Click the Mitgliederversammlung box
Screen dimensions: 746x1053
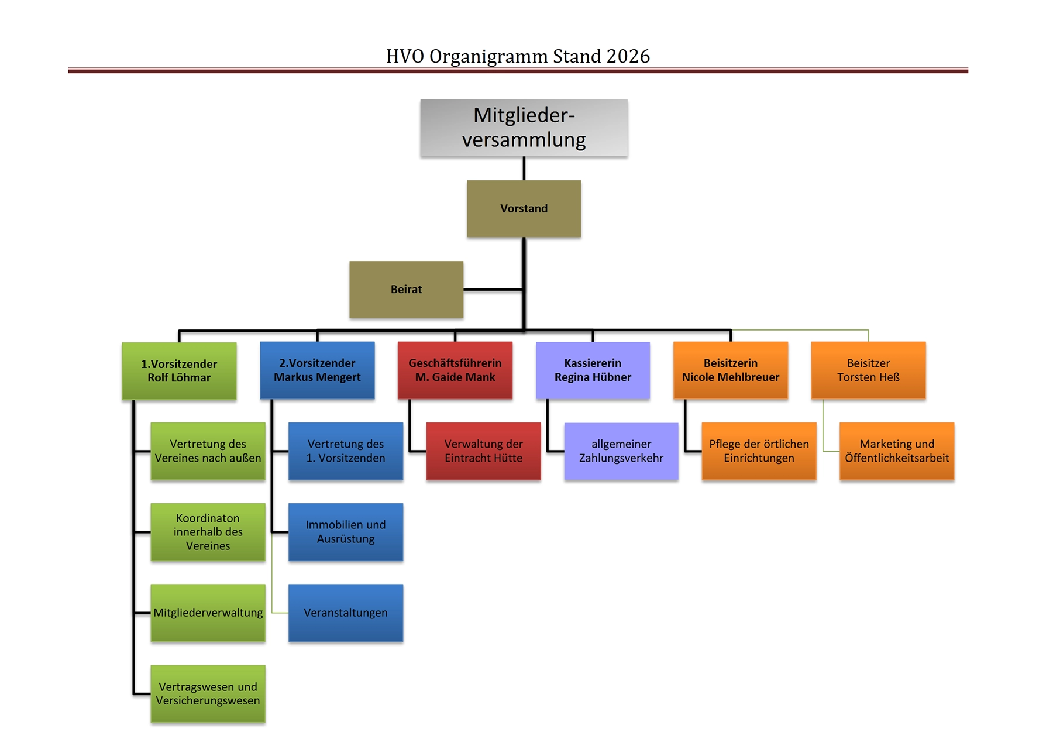[524, 128]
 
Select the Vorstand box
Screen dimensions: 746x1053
[524, 208]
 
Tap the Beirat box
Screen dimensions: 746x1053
[406, 289]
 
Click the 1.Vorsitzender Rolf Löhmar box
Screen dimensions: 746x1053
[179, 371]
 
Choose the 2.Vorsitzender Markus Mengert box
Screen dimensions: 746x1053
[317, 370]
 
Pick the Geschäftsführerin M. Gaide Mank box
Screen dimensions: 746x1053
[455, 370]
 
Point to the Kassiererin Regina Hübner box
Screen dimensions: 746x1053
[593, 370]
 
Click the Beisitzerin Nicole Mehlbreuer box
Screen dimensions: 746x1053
[731, 370]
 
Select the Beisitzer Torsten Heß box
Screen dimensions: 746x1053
[868, 370]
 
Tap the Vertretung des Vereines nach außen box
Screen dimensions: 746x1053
[208, 451]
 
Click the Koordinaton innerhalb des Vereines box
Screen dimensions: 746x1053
[208, 532]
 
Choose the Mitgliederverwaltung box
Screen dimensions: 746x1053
[208, 613]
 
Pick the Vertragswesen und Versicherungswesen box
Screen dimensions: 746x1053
[208, 693]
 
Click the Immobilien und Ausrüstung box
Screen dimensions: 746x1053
[346, 532]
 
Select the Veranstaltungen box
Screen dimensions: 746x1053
[346, 613]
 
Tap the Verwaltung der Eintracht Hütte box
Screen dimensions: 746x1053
[483, 451]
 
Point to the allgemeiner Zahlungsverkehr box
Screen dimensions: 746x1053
[621, 451]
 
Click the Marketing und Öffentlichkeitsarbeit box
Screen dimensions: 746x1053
[897, 451]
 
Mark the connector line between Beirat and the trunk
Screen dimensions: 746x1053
[493, 289]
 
